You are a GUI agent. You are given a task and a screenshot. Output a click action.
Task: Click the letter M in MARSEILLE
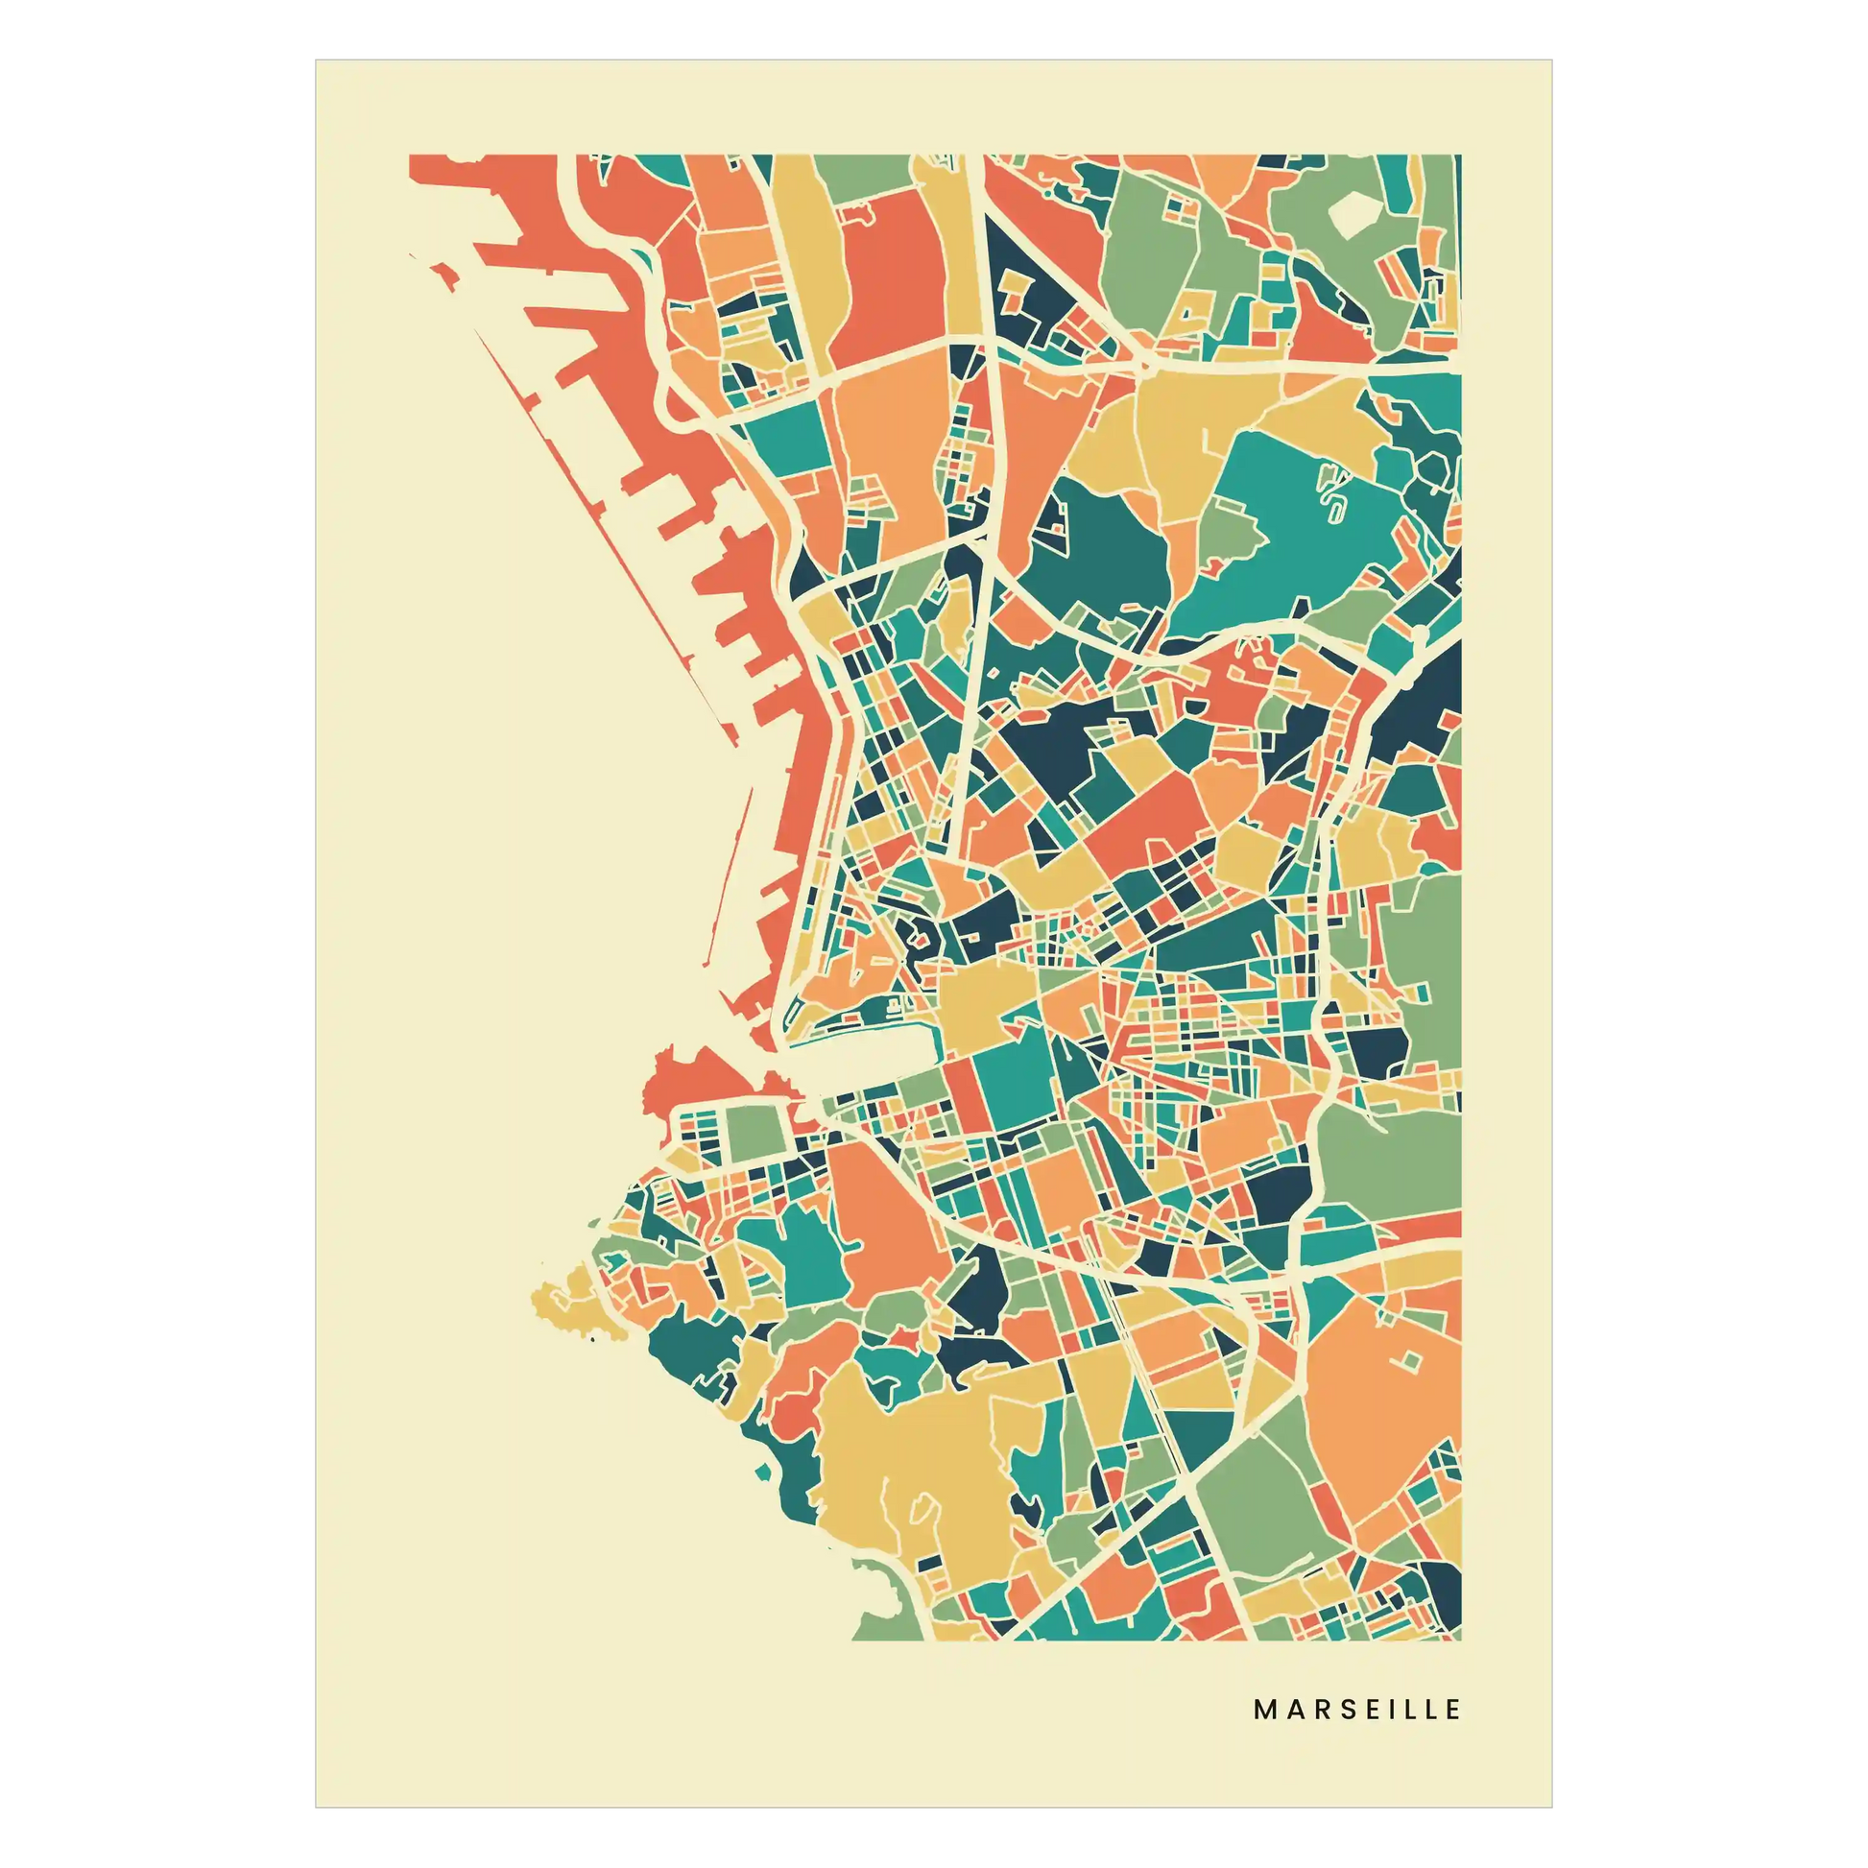coord(1262,1710)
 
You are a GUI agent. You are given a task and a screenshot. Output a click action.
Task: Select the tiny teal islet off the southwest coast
coord(765,1473)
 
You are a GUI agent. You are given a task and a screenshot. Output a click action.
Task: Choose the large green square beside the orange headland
coord(757,1131)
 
